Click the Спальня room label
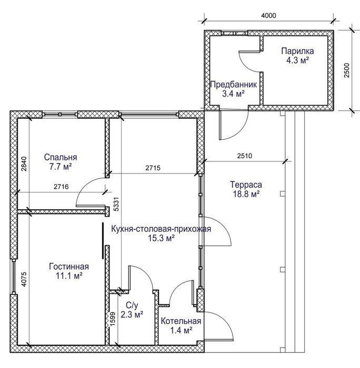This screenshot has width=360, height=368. point(61,157)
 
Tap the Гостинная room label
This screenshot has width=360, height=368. point(69,267)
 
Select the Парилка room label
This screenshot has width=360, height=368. point(297,51)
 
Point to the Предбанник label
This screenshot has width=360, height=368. point(233,85)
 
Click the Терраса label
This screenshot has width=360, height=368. point(246,185)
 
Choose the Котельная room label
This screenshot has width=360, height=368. point(181,321)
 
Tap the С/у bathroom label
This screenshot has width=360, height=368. point(132,305)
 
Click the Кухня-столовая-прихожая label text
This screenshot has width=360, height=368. point(161,229)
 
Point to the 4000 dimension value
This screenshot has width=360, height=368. point(268,15)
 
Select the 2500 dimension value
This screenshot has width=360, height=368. point(347,70)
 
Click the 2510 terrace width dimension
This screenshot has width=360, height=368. point(244,156)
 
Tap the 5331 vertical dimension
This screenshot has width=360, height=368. point(117,204)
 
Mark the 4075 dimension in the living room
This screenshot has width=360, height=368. point(24,279)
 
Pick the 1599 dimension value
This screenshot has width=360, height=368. point(113,319)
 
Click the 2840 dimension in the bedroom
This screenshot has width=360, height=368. point(24,164)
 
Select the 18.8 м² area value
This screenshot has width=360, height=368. point(246,194)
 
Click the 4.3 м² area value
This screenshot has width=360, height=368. point(297,60)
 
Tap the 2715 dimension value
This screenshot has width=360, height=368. point(153,168)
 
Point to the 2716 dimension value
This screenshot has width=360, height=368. point(61,187)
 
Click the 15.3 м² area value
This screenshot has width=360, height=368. point(161,238)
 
